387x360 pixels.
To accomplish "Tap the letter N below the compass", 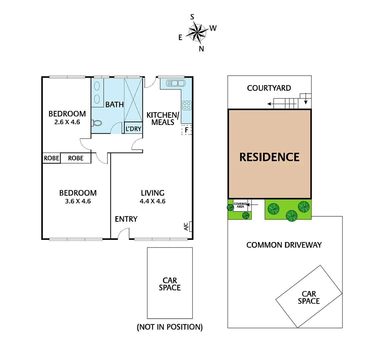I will (201, 49).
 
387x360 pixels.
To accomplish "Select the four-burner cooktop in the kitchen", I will (187, 105).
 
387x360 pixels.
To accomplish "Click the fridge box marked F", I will (187, 130).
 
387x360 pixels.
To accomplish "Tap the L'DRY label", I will (133, 129).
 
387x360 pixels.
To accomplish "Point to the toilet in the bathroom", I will (97, 123).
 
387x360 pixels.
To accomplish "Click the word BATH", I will (114, 105).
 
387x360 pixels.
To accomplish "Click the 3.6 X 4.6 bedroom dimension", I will (78, 201).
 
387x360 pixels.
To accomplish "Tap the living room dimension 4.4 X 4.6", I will (153, 201).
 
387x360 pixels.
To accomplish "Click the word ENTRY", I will (126, 219).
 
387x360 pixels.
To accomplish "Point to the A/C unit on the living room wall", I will (190, 226).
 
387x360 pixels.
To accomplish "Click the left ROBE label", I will (51, 158).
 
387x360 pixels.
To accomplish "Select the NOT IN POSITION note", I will (170, 327).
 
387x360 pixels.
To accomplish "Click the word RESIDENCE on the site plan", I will (269, 157).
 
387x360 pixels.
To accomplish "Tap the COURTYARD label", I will (269, 88).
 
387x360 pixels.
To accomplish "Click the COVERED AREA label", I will (240, 205).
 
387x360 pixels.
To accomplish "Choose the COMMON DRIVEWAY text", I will (284, 245).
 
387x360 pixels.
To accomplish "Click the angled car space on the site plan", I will (309, 297).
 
